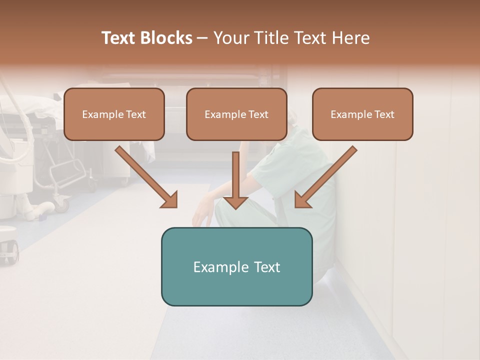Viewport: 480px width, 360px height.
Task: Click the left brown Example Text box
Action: [114, 114]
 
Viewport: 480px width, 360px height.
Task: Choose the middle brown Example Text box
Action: [236, 114]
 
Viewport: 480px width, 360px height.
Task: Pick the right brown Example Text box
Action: [362, 114]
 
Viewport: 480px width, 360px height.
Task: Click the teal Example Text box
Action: [236, 266]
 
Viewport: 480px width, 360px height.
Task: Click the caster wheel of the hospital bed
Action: [62, 203]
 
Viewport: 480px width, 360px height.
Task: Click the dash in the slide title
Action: [202, 38]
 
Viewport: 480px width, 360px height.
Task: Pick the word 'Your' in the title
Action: [229, 38]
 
